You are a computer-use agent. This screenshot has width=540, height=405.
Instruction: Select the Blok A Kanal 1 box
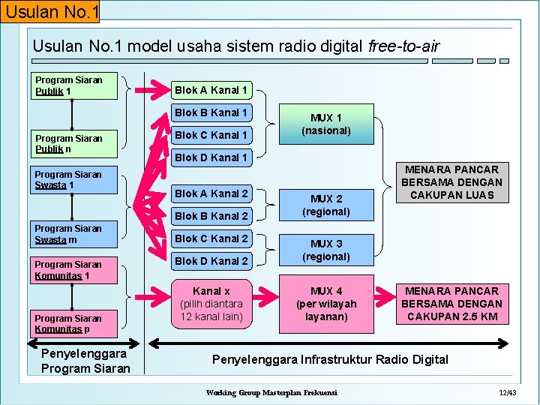pos(211,90)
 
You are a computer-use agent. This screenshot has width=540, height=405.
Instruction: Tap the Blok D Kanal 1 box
pos(211,157)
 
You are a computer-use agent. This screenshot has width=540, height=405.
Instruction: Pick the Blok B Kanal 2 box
pos(211,216)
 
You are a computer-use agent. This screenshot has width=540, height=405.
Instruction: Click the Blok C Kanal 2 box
pos(211,238)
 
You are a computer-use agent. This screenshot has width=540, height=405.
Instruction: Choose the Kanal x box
pos(211,303)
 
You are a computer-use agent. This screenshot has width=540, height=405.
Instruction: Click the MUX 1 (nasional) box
pos(325,124)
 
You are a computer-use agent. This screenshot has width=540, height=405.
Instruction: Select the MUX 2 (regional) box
pos(325,205)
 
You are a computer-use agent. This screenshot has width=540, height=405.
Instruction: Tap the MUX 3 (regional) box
pos(325,250)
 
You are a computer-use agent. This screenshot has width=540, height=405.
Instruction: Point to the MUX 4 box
pos(325,303)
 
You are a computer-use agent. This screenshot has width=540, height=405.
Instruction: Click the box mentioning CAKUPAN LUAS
pos(451,182)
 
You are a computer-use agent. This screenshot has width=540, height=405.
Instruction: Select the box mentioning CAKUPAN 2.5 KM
pos(451,303)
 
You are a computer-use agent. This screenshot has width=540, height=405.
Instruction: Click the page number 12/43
pos(507,393)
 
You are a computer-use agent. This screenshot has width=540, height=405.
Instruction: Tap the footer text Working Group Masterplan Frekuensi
pos(271,393)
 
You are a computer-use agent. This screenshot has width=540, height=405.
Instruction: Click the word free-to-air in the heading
pos(403,46)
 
